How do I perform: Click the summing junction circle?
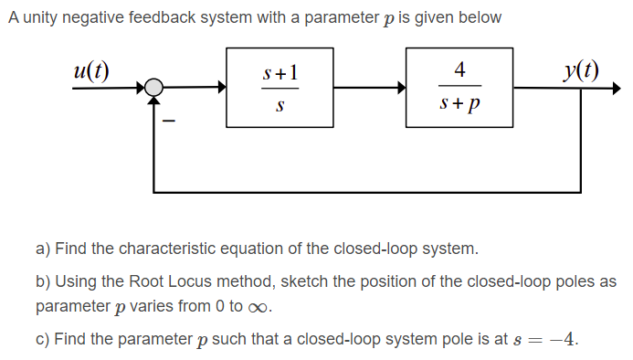pyautogui.click(x=155, y=88)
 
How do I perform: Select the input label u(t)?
pyautogui.click(x=90, y=70)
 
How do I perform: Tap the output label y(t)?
pyautogui.click(x=581, y=70)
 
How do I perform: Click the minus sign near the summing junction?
pyautogui.click(x=168, y=119)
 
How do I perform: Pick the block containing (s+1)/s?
pyautogui.click(x=280, y=88)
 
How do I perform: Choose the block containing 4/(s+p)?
pyautogui.click(x=459, y=88)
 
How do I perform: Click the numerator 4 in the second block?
pyautogui.click(x=459, y=69)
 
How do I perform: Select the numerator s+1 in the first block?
pyautogui.click(x=280, y=70)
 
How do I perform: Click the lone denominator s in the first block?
pyautogui.click(x=280, y=108)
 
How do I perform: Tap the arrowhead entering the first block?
pyautogui.click(x=222, y=88)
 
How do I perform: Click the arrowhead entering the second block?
pyautogui.click(x=401, y=88)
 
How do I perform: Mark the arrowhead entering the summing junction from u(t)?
pyautogui.click(x=142, y=88)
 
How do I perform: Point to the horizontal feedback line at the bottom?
pyautogui.click(x=365, y=192)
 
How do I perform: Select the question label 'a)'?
pyautogui.click(x=43, y=249)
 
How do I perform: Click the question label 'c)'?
pyautogui.click(x=42, y=339)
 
